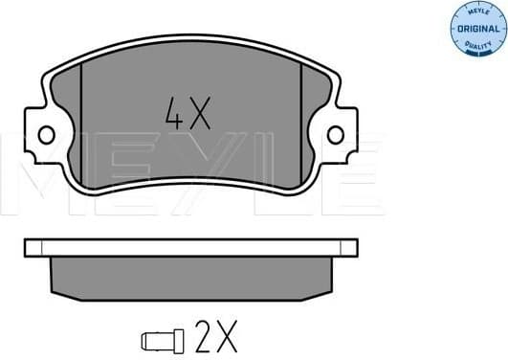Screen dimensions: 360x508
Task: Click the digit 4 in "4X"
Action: pyautogui.click(x=173, y=115)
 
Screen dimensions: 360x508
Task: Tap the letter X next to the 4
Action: pyautogui.click(x=198, y=115)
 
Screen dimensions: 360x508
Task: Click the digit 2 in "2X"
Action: pyautogui.click(x=205, y=338)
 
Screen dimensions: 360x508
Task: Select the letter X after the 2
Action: pyautogui.click(x=227, y=338)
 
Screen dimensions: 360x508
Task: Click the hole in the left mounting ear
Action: pyautogui.click(x=44, y=134)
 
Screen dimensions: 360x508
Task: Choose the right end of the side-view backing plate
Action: pyautogui.click(x=351, y=248)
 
